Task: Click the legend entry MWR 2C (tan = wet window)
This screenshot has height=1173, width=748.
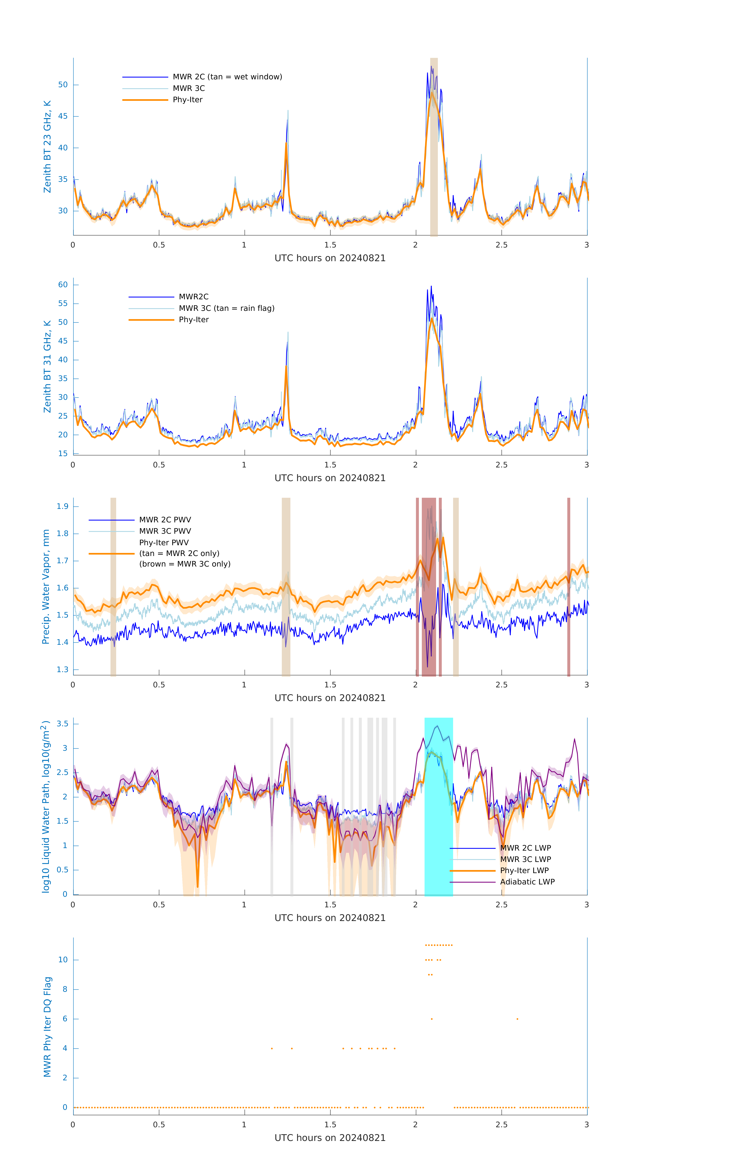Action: pyautogui.click(x=227, y=77)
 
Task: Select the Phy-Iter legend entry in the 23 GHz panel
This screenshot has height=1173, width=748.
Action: pyautogui.click(x=188, y=100)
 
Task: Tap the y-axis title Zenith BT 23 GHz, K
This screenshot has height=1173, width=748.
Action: pyautogui.click(x=47, y=147)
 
